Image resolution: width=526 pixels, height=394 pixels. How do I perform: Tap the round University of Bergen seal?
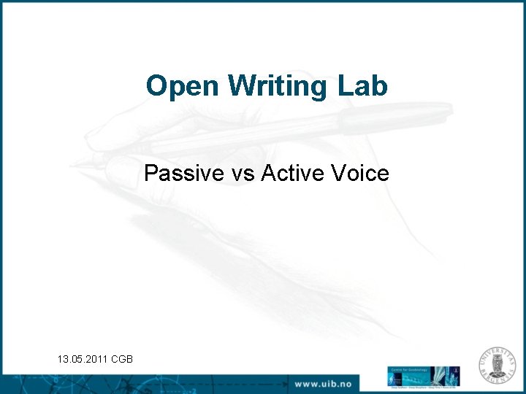(x=500, y=366)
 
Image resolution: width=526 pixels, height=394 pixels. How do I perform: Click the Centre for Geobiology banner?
(x=423, y=376)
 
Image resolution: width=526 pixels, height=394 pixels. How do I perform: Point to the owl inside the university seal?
(x=500, y=366)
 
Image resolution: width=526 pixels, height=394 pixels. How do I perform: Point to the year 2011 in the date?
(x=96, y=358)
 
